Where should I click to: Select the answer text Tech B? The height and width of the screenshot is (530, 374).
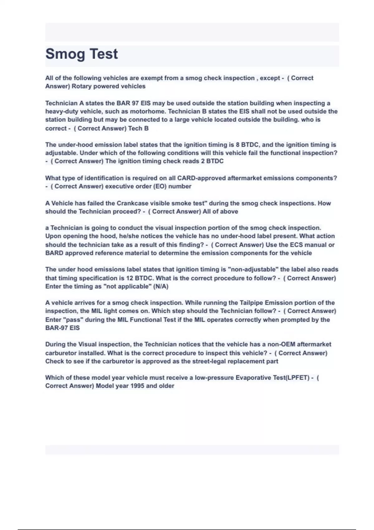pos(138,128)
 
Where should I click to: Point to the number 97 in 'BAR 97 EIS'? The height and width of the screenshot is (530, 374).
pos(135,103)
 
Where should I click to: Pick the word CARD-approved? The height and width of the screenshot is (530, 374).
pos(201,178)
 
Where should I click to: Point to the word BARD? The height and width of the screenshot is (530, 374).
pos(54,253)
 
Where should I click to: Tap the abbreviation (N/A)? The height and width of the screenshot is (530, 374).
pos(161,286)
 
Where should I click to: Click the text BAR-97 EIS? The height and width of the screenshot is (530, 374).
pos(62,328)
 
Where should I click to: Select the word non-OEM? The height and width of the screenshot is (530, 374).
pos(281,344)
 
